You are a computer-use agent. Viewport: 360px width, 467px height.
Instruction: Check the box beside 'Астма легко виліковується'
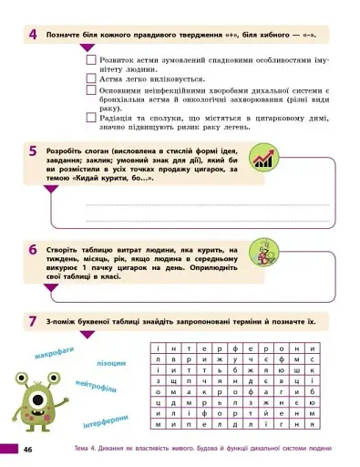[x=91, y=78]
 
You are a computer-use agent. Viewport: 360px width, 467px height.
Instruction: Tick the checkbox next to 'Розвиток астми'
[x=91, y=59]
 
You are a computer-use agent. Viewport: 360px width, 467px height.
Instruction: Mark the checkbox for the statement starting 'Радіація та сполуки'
[x=91, y=117]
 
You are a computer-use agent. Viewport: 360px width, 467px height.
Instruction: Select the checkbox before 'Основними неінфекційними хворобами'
[x=91, y=90]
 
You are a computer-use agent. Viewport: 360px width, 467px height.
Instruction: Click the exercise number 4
[x=32, y=35]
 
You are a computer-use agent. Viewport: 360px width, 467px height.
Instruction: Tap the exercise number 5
[x=32, y=151]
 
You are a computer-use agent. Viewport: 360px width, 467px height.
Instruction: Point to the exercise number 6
[x=32, y=249]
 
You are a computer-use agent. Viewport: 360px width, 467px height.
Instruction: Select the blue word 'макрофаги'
[x=54, y=350]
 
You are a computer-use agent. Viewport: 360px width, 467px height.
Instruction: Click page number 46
[x=28, y=450]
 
